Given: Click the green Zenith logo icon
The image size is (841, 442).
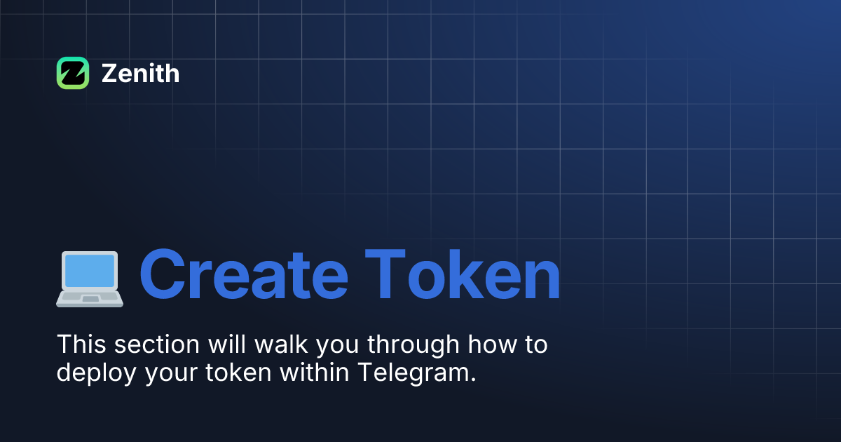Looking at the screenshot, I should (x=73, y=73).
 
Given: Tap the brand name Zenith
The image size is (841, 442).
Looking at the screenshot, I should (x=140, y=74).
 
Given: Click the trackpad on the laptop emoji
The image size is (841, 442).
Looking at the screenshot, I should (x=90, y=299).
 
